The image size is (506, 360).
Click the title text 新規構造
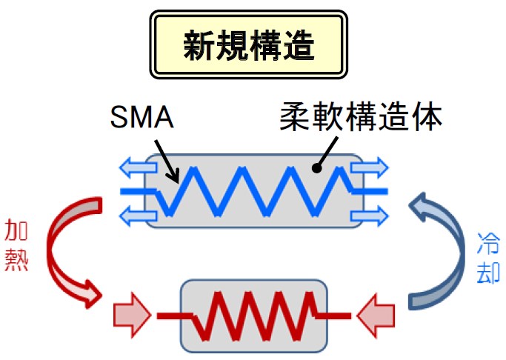click(249, 45)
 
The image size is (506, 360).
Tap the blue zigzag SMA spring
click(252, 191)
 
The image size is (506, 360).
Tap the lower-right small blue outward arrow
click(370, 216)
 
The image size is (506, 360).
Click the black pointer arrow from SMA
click(166, 161)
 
